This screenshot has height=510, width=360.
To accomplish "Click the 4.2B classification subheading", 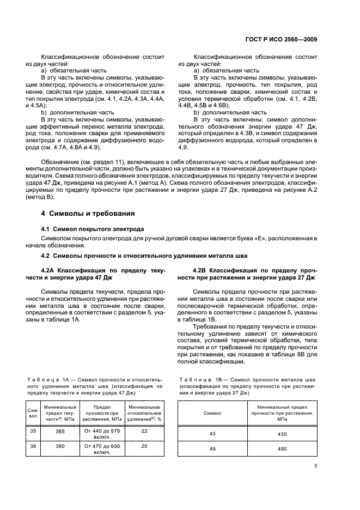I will coord(255,274).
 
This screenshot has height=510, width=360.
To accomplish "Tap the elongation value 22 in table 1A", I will coord(144,431).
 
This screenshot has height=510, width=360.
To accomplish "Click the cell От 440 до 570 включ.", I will coord(102,434).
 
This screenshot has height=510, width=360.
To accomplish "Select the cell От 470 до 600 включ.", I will coord(102,449).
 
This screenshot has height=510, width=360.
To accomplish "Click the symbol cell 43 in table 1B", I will coord(212,434).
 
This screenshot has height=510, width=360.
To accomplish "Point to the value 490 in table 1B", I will coord(282,449).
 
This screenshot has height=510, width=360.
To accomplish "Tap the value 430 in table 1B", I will coord(282,434).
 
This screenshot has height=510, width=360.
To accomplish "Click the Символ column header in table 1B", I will coord(212,413).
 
